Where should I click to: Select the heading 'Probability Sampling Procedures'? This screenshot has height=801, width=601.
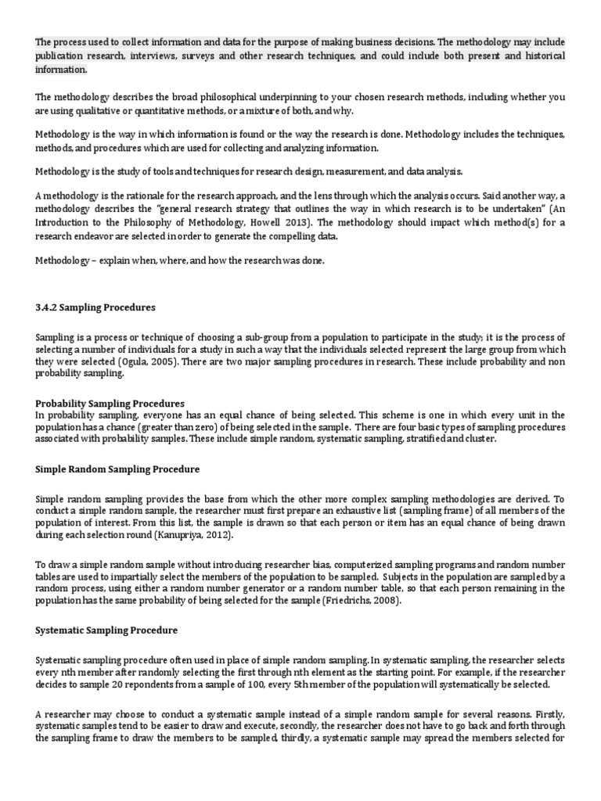tap(110, 403)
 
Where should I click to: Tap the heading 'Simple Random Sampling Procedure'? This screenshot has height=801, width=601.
tap(117, 469)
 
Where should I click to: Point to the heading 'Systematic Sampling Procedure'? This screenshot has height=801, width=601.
tap(106, 630)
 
